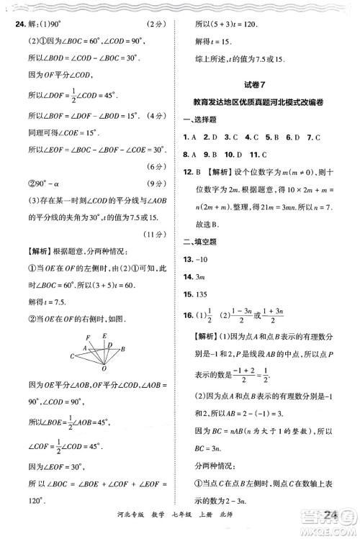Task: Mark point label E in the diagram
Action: tap(104, 335)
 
